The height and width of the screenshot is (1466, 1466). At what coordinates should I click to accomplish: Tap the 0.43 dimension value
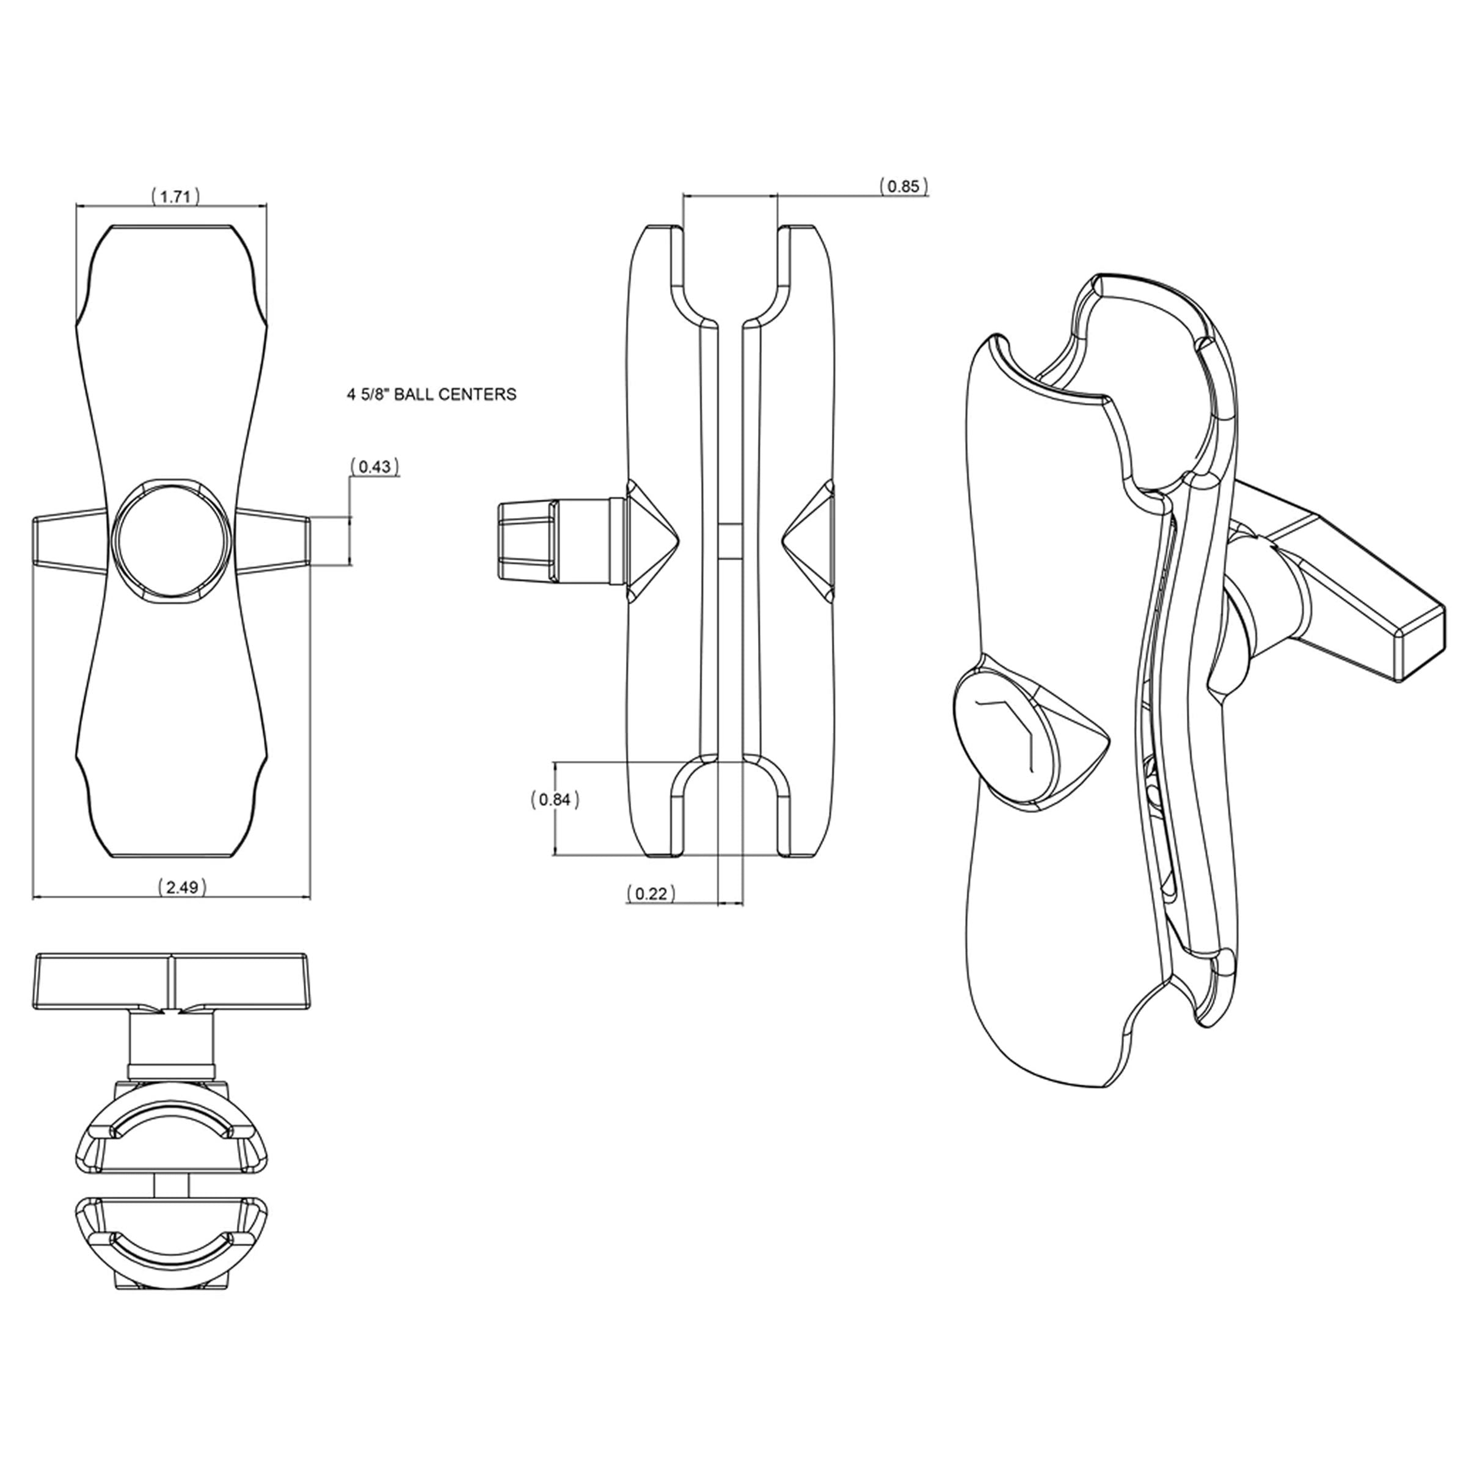tap(375, 467)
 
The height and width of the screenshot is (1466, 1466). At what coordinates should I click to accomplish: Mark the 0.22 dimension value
tap(651, 894)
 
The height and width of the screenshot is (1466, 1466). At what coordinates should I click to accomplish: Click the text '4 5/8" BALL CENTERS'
tap(432, 395)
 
